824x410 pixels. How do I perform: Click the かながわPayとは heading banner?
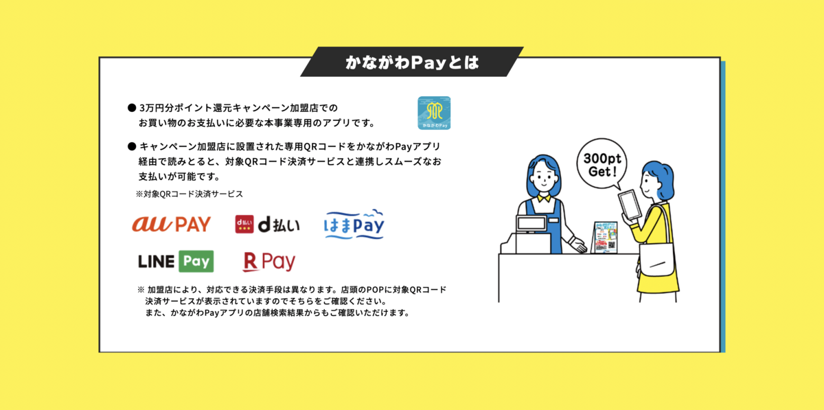click(412, 62)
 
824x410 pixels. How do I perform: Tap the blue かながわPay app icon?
click(434, 113)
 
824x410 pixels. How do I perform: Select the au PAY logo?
click(172, 224)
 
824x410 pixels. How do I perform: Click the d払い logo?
click(267, 225)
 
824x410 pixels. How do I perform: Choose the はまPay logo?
click(354, 224)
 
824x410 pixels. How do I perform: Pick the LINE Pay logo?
click(176, 261)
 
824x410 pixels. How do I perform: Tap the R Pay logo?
click(269, 262)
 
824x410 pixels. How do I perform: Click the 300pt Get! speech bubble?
click(602, 164)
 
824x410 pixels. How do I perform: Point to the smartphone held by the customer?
click(630, 205)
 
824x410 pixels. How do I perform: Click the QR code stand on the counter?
click(605, 238)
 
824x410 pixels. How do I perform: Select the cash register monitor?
click(531, 223)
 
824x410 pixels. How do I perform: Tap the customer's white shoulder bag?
click(657, 260)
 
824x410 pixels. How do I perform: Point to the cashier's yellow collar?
click(544, 198)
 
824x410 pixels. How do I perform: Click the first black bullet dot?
click(132, 108)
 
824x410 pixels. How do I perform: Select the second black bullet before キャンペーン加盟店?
click(132, 146)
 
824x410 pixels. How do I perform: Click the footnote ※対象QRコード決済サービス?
click(190, 194)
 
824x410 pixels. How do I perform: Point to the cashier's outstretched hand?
click(579, 245)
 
